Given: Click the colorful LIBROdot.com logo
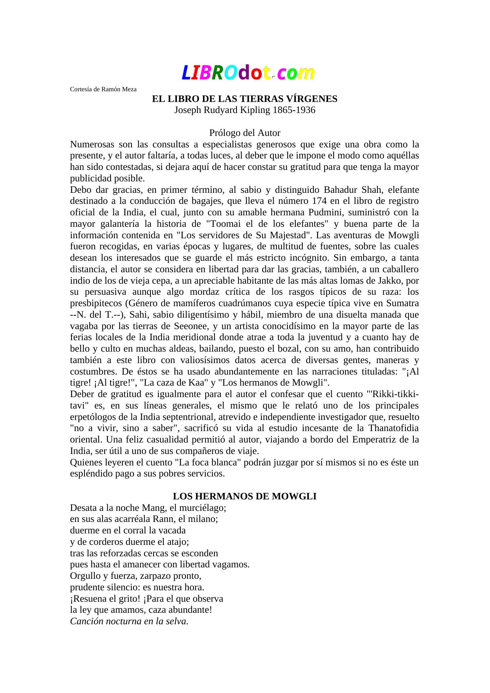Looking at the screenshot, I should (248, 73).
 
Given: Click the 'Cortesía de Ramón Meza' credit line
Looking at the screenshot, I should (103, 89).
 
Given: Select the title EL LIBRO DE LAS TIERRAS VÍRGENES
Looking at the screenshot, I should (245, 99).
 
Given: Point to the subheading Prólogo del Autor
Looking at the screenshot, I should (245, 133).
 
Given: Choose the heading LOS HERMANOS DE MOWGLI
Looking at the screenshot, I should (245, 496).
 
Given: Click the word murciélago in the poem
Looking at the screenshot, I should (204, 508).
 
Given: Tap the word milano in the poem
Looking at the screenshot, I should (204, 519).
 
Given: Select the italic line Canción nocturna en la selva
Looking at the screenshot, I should (129, 621).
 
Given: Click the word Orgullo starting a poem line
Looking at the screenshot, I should (85, 576).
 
